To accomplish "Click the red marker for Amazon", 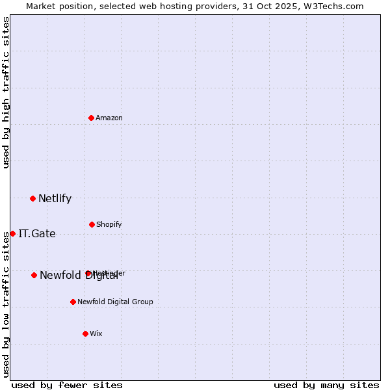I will [92, 118].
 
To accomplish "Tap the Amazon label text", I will [109, 118].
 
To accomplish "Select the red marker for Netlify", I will [32, 198].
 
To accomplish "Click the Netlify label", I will [55, 199].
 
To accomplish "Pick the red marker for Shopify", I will [92, 224].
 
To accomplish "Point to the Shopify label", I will [109, 225].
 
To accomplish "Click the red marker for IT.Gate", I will [12, 233].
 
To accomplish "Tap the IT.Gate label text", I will [37, 234].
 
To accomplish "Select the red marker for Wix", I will [85, 333].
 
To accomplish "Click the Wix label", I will [96, 334].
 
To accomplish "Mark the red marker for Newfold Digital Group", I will [73, 302].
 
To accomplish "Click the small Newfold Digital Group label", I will [115, 302].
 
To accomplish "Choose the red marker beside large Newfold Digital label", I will [34, 275].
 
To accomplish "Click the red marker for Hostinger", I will [88, 274].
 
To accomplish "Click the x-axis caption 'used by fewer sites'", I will [67, 385].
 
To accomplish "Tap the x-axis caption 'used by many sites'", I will [326, 385].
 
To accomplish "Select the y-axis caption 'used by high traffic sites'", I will [6, 92].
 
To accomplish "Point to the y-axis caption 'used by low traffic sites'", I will [6, 304].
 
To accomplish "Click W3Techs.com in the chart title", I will [336, 6].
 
